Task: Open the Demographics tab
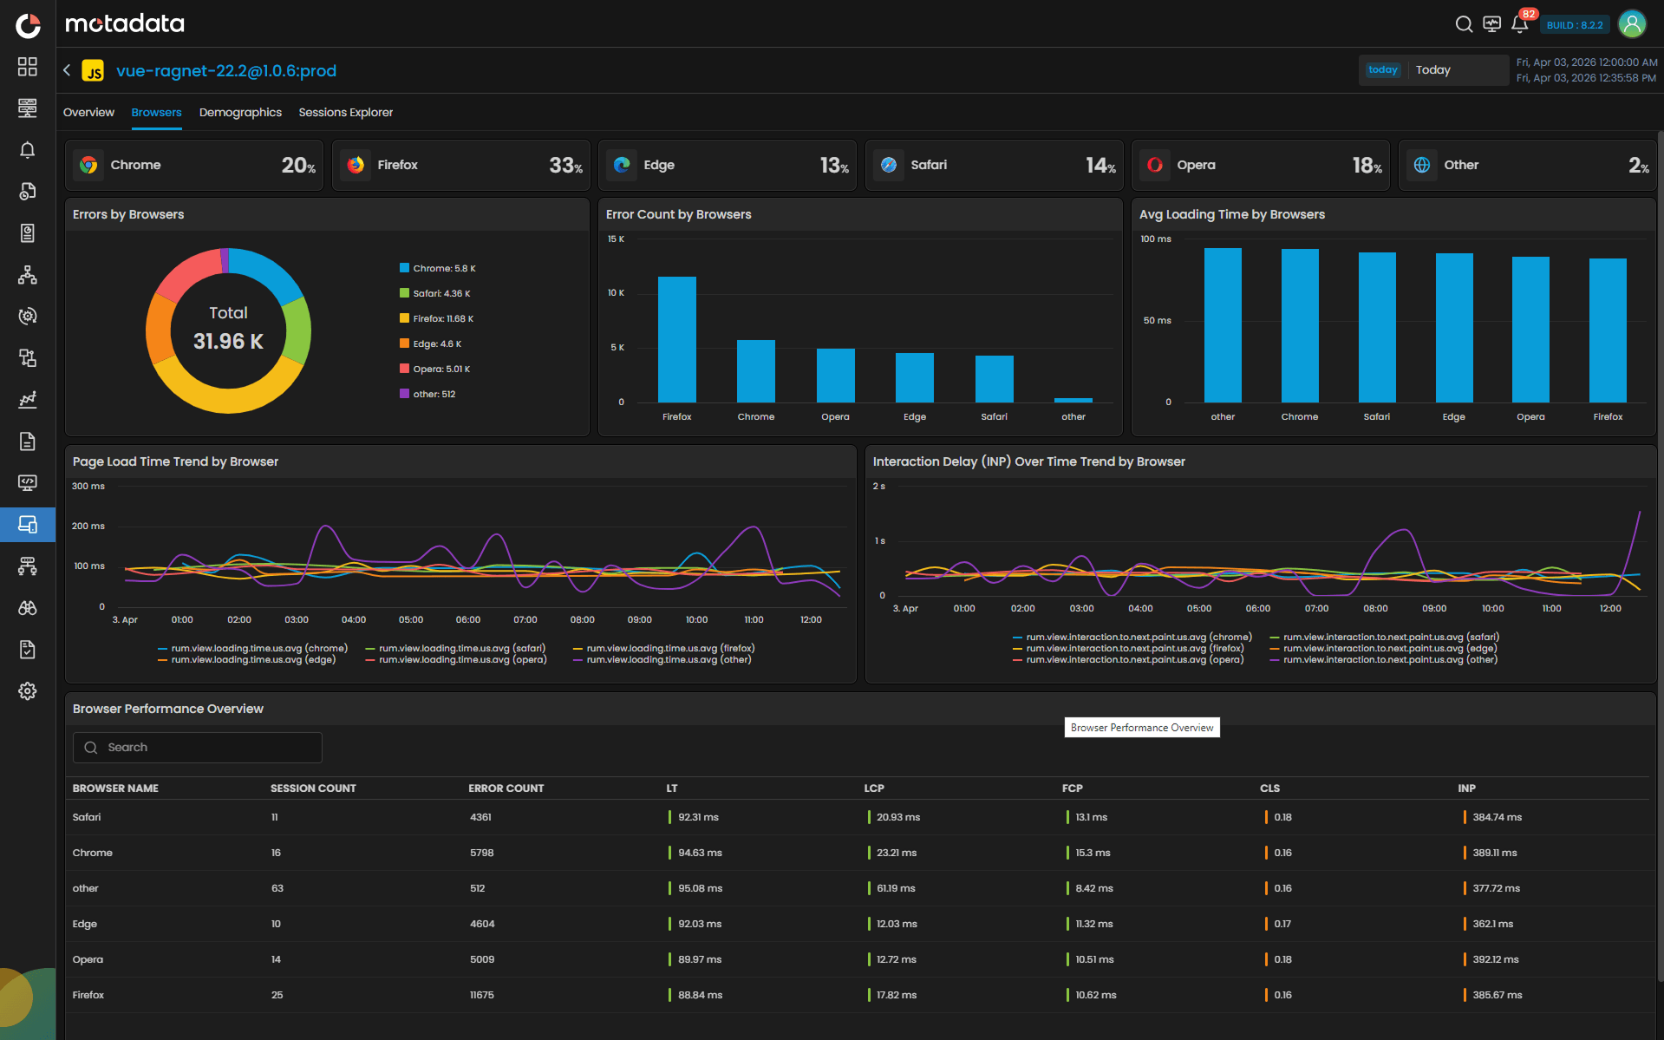pyautogui.click(x=240, y=113)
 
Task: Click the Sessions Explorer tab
pyautogui.click(x=345, y=113)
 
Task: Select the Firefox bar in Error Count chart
pyautogui.click(x=676, y=339)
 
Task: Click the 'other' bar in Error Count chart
pyautogui.click(x=1073, y=400)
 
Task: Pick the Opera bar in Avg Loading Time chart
pyautogui.click(x=1530, y=330)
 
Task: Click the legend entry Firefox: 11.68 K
pyautogui.click(x=442, y=318)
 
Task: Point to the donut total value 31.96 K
pyautogui.click(x=228, y=341)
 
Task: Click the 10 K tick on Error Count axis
pyautogui.click(x=616, y=293)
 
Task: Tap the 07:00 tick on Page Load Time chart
pyautogui.click(x=525, y=620)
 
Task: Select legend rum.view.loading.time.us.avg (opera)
pyautogui.click(x=462, y=660)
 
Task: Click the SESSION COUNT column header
pyautogui.click(x=313, y=788)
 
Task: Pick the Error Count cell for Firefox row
pyautogui.click(x=481, y=995)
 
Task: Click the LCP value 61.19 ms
pyautogui.click(x=895, y=888)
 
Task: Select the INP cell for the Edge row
pyautogui.click(x=1492, y=924)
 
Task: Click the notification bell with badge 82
pyautogui.click(x=1519, y=24)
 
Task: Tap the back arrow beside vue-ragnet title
pyautogui.click(x=67, y=70)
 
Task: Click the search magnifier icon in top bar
pyautogui.click(x=1464, y=24)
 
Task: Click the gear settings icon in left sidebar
pyautogui.click(x=28, y=691)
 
